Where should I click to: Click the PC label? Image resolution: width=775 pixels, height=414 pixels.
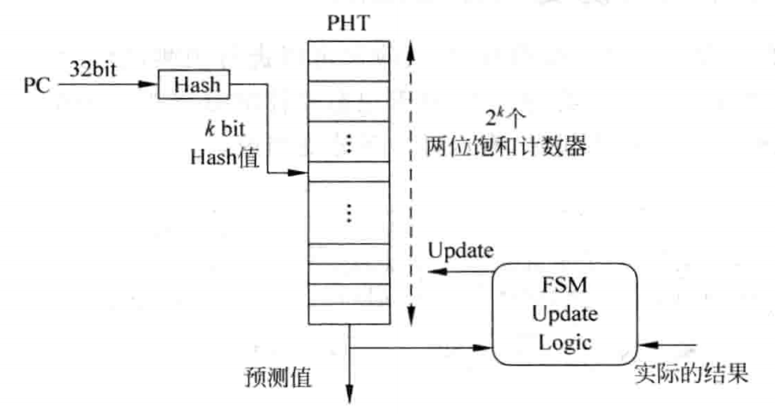[37, 87]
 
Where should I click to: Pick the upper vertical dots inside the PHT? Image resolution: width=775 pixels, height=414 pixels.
[348, 144]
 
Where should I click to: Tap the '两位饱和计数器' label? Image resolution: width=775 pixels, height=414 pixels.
[506, 147]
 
